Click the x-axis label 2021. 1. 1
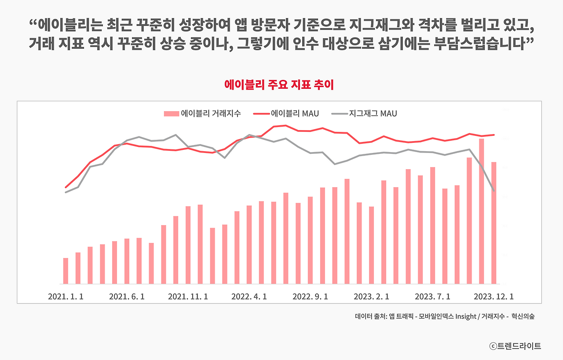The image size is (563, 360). point(66,297)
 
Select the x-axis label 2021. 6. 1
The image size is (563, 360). point(127,297)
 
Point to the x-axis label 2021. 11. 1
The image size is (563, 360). point(188,297)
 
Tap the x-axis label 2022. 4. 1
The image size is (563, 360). point(249,297)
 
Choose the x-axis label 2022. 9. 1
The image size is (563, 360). point(310,297)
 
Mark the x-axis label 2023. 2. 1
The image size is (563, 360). point(371,297)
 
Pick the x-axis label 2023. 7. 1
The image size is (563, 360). point(432,297)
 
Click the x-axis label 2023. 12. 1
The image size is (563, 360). point(493,297)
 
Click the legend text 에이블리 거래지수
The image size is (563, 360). point(211,114)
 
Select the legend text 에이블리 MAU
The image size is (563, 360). point(295,114)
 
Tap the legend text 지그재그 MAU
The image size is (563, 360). point(373,114)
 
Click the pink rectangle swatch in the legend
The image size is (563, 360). point(171,114)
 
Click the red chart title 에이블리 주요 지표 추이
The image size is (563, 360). point(279,85)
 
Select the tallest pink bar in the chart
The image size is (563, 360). point(481,211)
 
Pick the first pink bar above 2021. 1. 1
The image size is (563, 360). point(66,271)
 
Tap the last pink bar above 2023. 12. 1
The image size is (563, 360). point(494,223)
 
